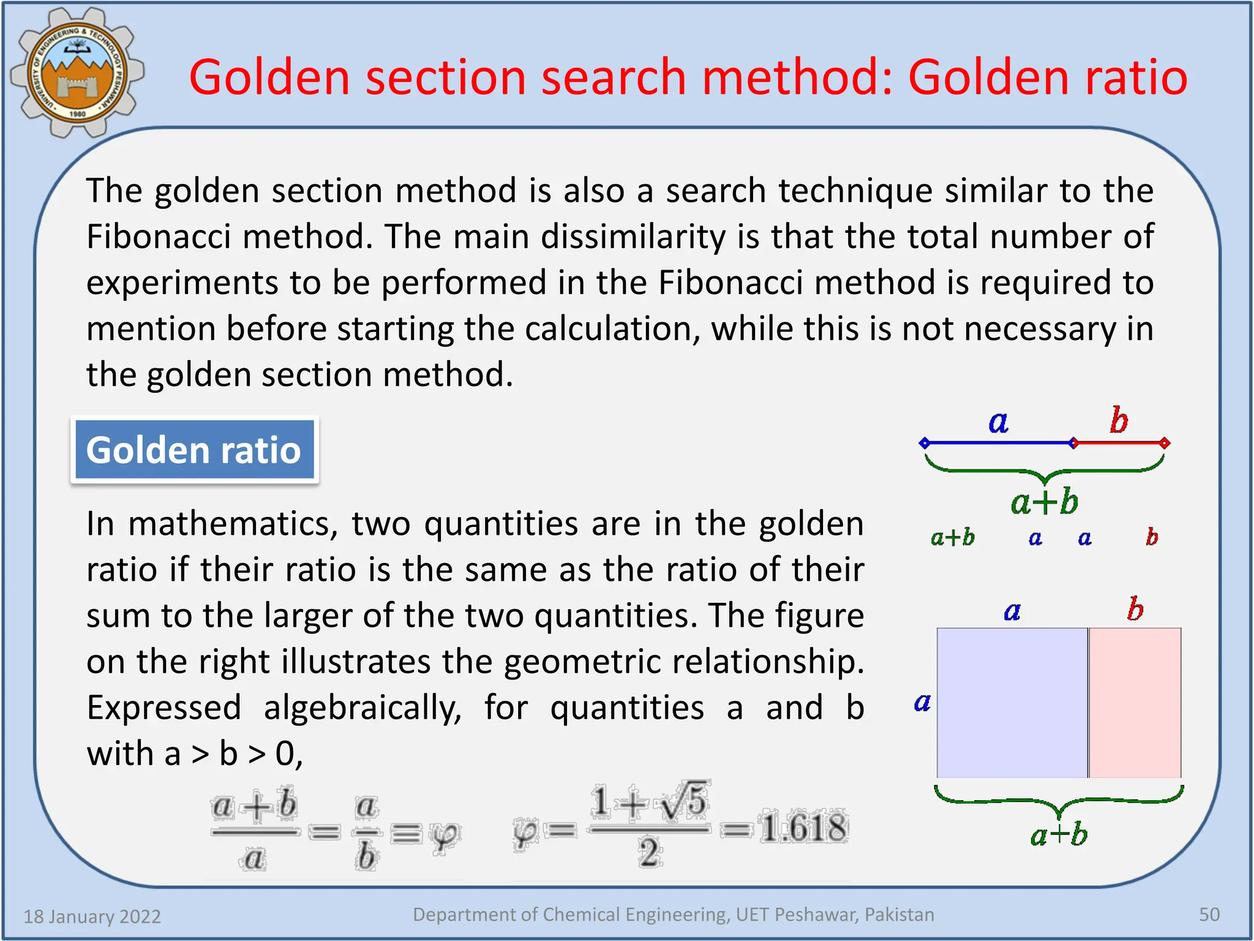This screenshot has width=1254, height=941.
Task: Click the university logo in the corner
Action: [77, 72]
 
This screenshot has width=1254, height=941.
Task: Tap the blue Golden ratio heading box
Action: [194, 450]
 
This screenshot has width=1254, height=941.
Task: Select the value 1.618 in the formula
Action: [803, 828]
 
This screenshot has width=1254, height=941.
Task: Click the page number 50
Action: [1209, 914]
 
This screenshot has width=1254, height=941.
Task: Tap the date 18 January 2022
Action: [92, 916]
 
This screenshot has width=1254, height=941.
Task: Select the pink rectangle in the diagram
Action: [1135, 702]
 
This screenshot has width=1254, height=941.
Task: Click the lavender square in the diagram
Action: [1012, 702]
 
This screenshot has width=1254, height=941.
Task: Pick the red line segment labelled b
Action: [1119, 443]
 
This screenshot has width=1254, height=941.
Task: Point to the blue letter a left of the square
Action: [922, 702]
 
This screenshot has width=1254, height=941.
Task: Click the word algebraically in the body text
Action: [362, 708]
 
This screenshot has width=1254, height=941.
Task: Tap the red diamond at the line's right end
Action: [1165, 443]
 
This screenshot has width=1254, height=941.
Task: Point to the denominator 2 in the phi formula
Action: [649, 852]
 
